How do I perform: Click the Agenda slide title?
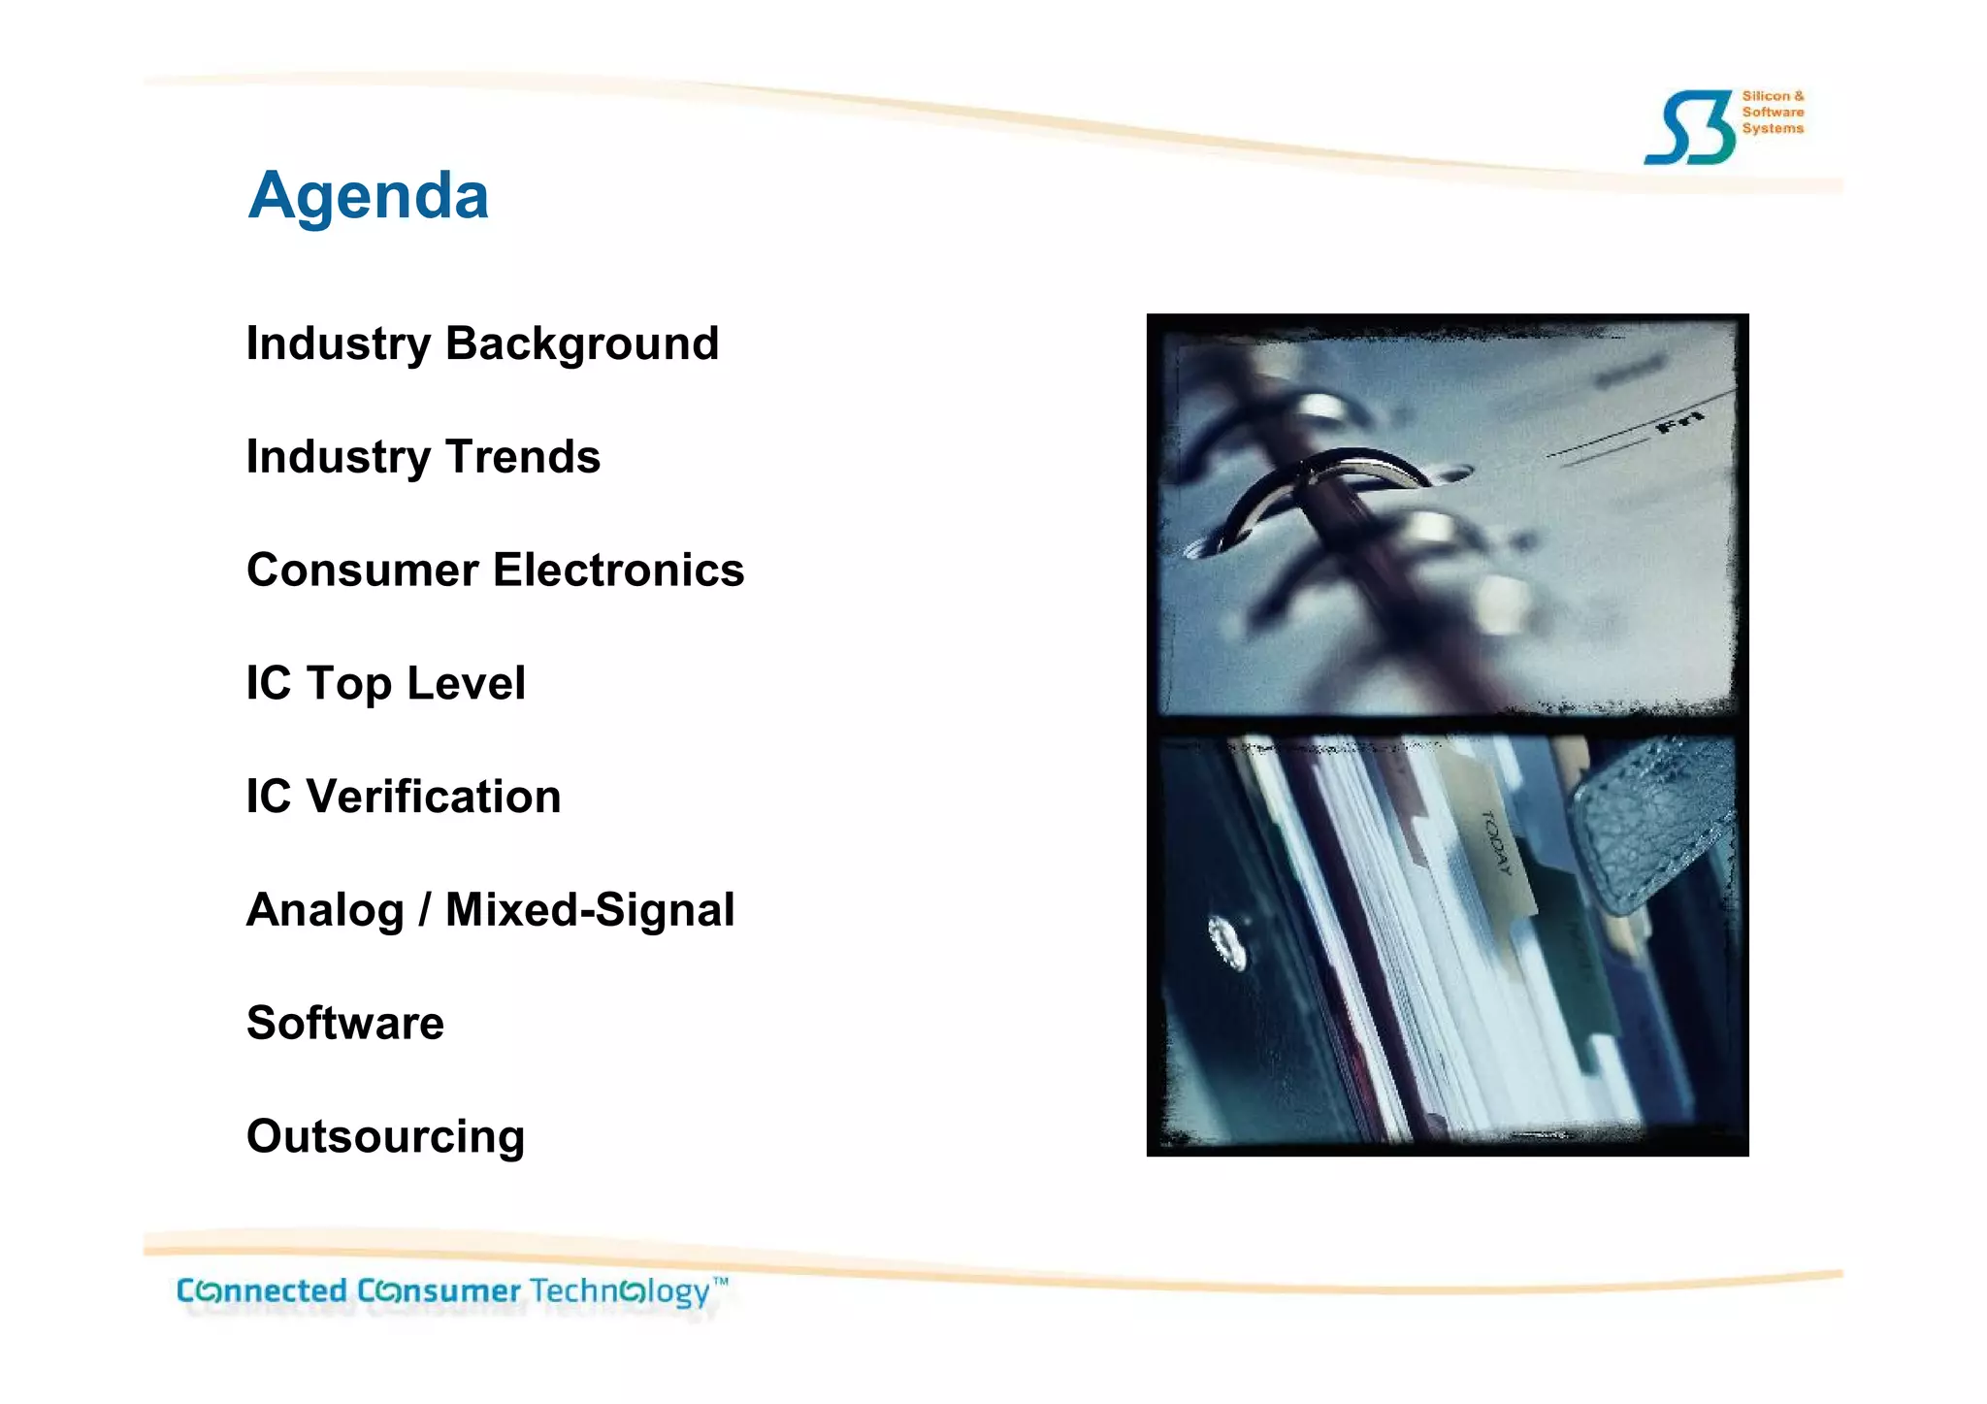(368, 196)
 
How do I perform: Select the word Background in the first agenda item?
(582, 343)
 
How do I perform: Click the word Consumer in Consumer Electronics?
(361, 571)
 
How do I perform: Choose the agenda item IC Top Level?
(385, 684)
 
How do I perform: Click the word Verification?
(434, 798)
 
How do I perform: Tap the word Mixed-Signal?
(589, 910)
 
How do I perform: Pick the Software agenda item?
(345, 1024)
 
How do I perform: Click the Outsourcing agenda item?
(385, 1137)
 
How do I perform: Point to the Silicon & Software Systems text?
(1773, 112)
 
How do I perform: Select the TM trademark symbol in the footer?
(720, 1282)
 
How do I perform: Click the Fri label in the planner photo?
(1678, 422)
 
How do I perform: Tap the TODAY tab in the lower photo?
(1497, 842)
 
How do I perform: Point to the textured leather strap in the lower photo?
(1649, 825)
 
